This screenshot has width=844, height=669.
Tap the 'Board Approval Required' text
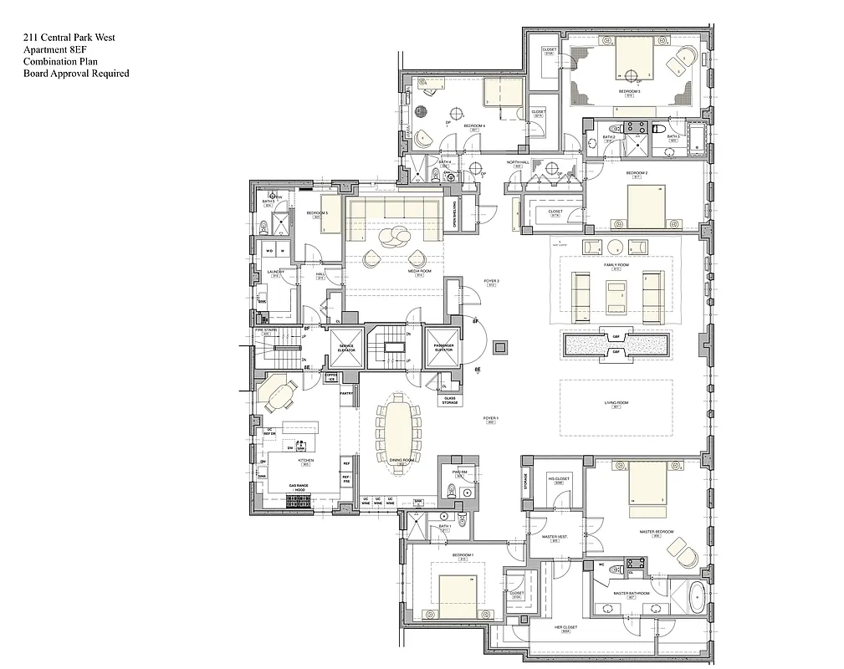[76, 74]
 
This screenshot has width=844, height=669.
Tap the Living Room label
[616, 403]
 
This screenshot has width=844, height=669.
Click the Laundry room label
[275, 271]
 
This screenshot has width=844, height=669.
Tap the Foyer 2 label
[492, 282]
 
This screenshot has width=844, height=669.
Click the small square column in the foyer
[500, 345]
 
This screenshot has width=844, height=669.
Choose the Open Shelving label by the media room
[455, 213]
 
